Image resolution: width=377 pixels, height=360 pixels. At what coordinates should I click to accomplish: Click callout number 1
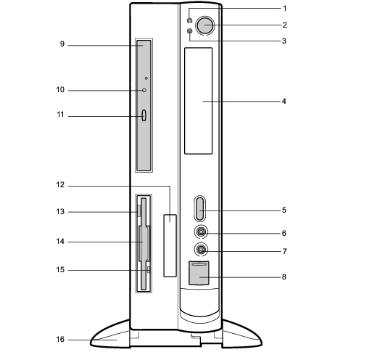[285, 9]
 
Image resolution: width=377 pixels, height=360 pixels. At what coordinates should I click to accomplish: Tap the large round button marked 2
[205, 25]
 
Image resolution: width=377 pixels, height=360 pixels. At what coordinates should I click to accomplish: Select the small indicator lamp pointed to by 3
[190, 31]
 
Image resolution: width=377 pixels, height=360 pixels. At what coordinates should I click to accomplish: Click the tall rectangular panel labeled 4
[199, 101]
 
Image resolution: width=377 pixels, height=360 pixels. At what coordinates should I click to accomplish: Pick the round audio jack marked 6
[201, 232]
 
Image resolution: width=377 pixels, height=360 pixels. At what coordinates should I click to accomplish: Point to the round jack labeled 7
[201, 249]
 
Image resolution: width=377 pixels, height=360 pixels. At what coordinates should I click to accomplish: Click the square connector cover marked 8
[199, 273]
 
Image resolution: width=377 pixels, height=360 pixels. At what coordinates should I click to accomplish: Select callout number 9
[62, 44]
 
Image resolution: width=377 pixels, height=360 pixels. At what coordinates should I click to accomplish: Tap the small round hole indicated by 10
[144, 90]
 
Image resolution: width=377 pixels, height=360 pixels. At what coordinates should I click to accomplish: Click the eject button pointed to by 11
[144, 115]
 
